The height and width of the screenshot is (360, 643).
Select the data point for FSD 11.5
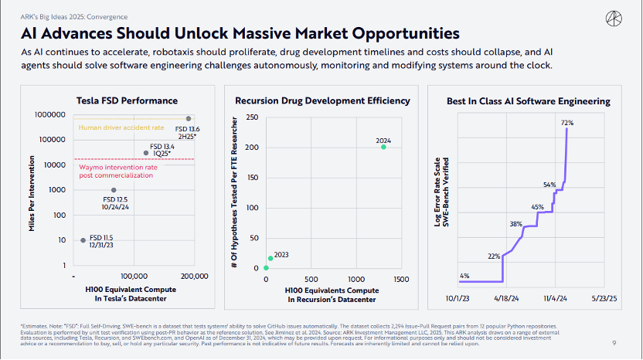pos(83,240)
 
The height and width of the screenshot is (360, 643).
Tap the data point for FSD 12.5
pos(114,190)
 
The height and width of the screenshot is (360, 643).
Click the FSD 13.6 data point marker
pos(188,119)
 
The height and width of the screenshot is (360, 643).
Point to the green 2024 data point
pos(383,147)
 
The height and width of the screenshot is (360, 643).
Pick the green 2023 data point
pos(270,258)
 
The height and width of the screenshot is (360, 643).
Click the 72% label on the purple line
pos(566,123)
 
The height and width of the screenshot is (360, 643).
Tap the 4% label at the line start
pos(464,276)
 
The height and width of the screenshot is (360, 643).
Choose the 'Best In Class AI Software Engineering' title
pos(529,101)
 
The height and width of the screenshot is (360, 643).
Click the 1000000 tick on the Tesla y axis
pos(49,114)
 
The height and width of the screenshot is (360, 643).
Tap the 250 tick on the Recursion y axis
pos(251,117)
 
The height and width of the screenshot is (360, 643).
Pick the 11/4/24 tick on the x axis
pos(555,297)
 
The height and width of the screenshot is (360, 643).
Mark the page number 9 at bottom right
pos(614,343)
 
